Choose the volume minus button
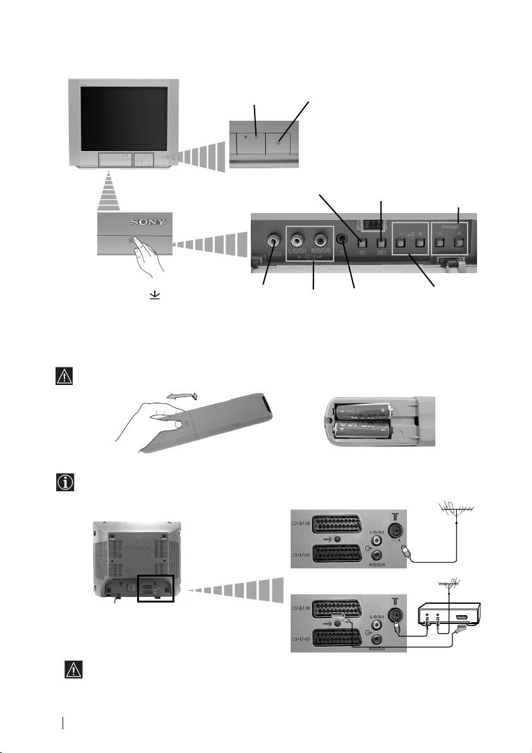tap(401, 242)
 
